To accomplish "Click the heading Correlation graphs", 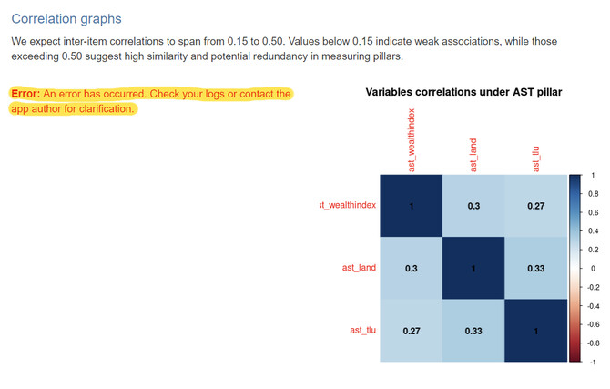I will click(66, 18).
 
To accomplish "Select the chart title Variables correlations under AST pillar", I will click(463, 92).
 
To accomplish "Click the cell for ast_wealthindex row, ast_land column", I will click(473, 206).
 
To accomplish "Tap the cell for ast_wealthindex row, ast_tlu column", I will click(535, 206).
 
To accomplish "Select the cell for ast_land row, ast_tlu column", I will click(535, 268).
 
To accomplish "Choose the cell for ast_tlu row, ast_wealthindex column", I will click(412, 330).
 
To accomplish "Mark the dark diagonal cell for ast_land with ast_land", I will click(473, 268).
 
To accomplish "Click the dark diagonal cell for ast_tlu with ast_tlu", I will click(535, 330).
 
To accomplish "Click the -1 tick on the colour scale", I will click(590, 362).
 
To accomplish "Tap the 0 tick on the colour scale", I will click(589, 268).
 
